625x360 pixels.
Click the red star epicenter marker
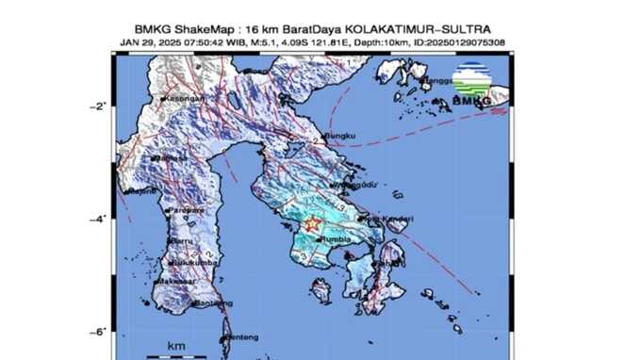tap(312, 225)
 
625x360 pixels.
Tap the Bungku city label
tap(341, 137)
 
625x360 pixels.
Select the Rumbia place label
tap(337, 241)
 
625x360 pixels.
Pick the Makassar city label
tap(176, 281)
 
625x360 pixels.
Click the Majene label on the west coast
tap(142, 191)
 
